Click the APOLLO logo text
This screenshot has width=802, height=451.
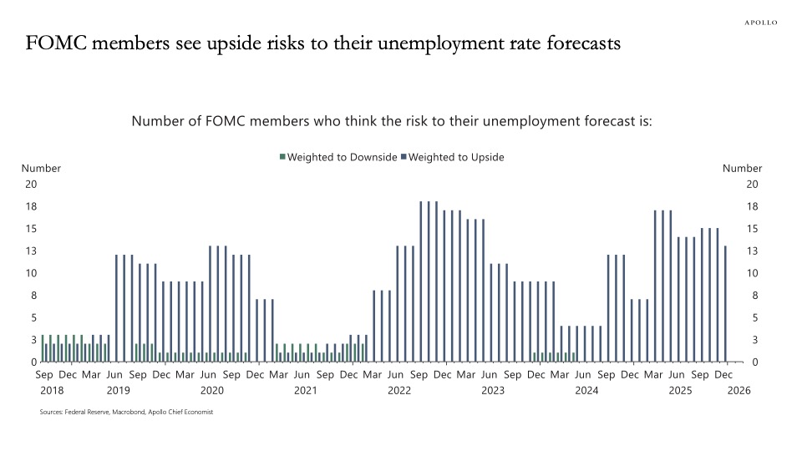pos(761,23)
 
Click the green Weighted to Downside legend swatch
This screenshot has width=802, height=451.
pos(283,157)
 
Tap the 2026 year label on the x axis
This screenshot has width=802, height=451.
pos(740,390)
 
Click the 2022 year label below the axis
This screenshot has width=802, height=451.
pos(398,390)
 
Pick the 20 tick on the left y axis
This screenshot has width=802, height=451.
pos(32,184)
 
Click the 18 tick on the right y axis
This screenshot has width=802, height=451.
pos(752,206)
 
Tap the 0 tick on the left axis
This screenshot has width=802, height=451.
pos(34,362)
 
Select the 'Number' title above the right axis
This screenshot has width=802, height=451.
pos(742,168)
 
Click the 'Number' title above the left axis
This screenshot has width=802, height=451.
pos(41,168)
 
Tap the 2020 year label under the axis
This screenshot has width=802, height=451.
pos(212,390)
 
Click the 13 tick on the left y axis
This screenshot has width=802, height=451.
pos(32,251)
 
